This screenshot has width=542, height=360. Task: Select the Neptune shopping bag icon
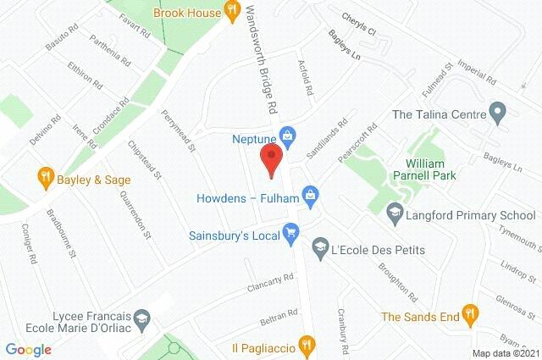pos(289,136)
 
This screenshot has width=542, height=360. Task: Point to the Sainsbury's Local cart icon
pos(291,230)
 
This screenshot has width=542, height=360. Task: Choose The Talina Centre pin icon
pos(498,113)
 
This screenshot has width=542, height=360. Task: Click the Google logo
pos(28,349)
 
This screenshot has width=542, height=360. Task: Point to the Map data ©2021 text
pos(505,353)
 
